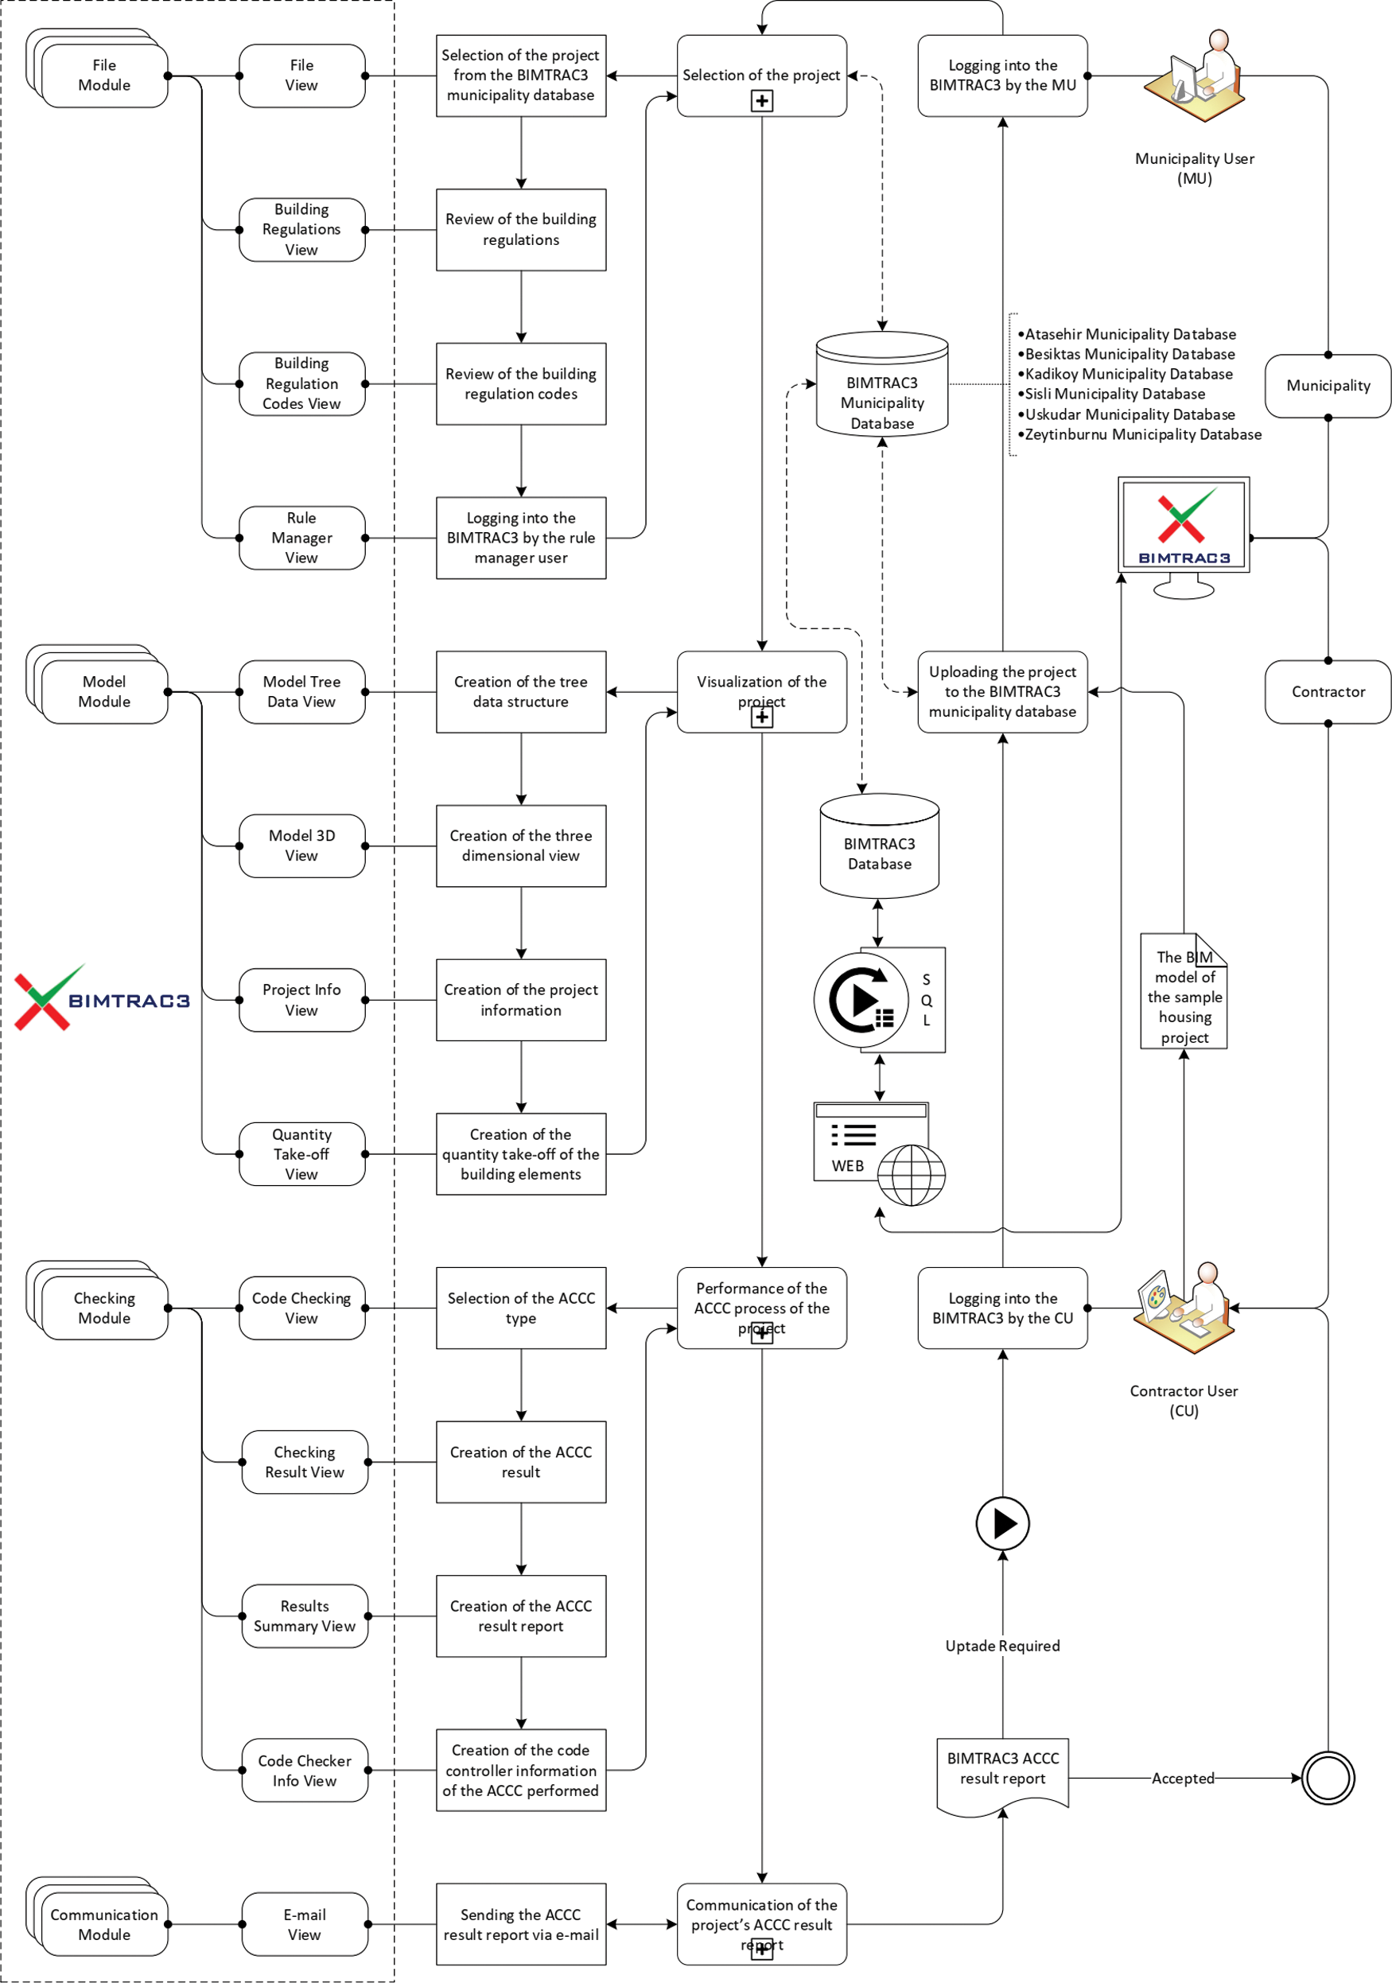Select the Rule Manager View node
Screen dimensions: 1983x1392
pyautogui.click(x=301, y=537)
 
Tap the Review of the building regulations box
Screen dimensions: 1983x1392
pyautogui.click(x=521, y=230)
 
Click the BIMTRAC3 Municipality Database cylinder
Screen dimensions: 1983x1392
pyautogui.click(x=881, y=388)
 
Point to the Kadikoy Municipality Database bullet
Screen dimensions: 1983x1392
pyautogui.click(x=1128, y=374)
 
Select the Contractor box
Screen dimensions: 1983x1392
pyautogui.click(x=1328, y=692)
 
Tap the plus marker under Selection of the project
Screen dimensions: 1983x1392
pyautogui.click(x=762, y=102)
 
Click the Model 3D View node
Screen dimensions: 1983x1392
pyautogui.click(x=301, y=846)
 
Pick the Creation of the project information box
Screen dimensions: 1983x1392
pyautogui.click(x=521, y=1000)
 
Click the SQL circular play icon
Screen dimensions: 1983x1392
pyautogui.click(x=861, y=999)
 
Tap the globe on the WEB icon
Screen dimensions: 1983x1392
pyautogui.click(x=911, y=1175)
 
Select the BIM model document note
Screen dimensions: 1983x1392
pyautogui.click(x=1184, y=993)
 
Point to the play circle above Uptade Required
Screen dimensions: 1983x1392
pyautogui.click(x=1001, y=1522)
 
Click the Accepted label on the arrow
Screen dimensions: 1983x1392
pyautogui.click(x=1182, y=1779)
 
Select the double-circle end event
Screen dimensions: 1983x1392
pyautogui.click(x=1328, y=1779)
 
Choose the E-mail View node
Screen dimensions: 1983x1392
pyautogui.click(x=304, y=1924)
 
